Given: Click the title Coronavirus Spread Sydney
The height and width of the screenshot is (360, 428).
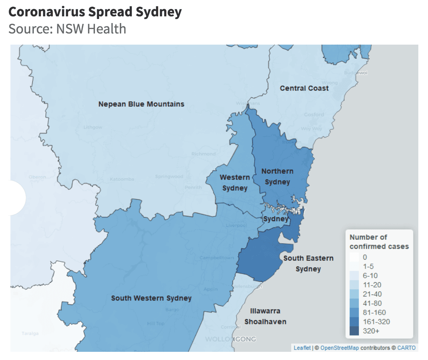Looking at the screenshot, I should [95, 12].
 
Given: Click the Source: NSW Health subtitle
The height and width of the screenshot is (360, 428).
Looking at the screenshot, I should [67, 29].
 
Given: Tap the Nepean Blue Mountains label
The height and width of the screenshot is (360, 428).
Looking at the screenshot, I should [141, 104].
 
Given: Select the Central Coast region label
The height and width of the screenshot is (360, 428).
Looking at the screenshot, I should [304, 88].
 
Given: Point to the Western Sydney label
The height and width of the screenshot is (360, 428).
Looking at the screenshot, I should [235, 183].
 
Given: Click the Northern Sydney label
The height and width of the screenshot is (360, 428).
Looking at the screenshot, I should [277, 176].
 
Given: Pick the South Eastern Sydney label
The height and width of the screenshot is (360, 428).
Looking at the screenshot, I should [308, 263].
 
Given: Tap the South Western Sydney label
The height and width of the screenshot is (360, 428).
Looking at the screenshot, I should [151, 298].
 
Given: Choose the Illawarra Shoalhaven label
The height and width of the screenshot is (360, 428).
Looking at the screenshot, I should [265, 316].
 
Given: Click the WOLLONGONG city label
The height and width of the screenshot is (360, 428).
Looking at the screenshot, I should [231, 339].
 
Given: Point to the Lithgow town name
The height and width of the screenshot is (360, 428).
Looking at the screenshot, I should [93, 127].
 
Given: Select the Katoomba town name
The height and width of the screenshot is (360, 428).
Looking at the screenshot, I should [122, 179].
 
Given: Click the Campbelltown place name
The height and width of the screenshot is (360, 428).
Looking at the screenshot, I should [217, 258].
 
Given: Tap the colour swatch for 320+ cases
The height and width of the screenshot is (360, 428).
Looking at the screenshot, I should [354, 331].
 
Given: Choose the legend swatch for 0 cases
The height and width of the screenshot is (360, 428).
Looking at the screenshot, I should [354, 257].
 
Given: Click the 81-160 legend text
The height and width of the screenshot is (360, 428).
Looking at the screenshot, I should [374, 312].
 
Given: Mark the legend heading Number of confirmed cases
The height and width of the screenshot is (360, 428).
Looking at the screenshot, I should [379, 242].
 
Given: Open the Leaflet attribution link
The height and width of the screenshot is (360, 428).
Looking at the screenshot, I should [301, 348].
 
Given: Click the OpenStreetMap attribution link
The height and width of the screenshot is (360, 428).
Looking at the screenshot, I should [339, 348].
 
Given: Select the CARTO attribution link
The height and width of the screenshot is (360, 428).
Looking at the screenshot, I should [406, 348].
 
